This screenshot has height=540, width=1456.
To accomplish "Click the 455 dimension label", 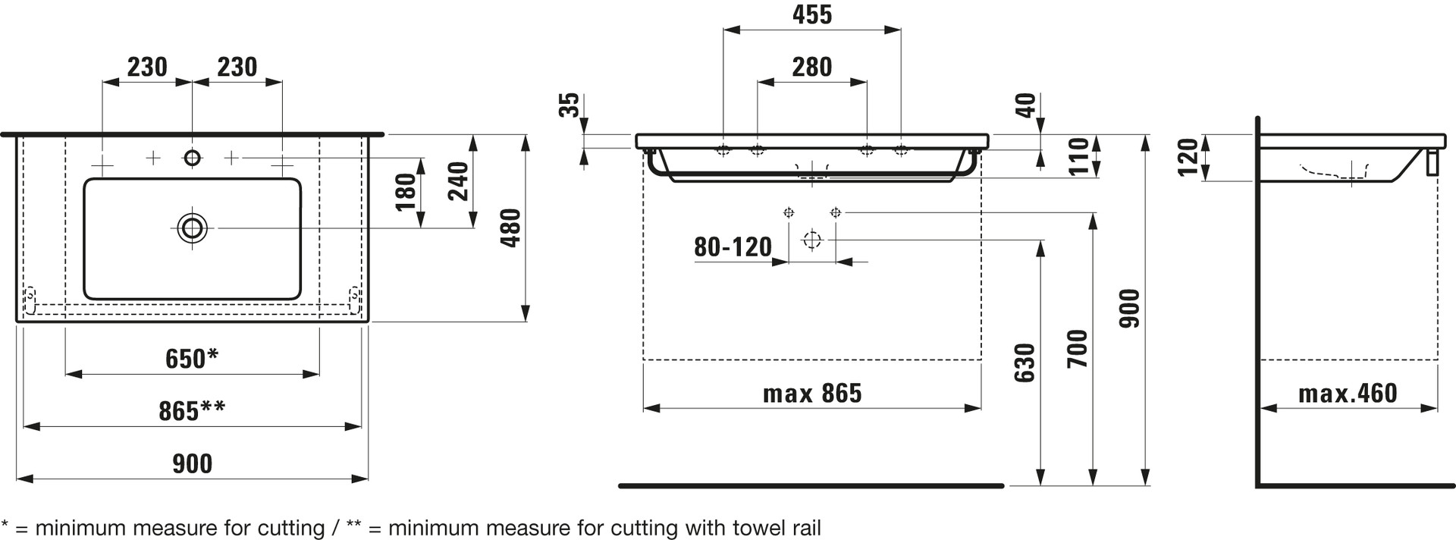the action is coord(812,14).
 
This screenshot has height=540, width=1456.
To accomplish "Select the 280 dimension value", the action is coord(812,67).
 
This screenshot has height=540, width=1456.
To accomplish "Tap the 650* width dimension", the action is coord(192,358).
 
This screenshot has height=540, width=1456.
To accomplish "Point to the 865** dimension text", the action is coord(192,410).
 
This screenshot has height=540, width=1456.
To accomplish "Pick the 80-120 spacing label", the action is coord(733,246).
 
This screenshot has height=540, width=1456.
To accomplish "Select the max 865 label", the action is coord(812,393).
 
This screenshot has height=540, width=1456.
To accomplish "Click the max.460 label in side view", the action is coord(1348,393).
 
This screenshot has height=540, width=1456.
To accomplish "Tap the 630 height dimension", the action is coord(1025,363).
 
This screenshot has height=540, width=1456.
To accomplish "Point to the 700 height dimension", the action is coord(1077,349).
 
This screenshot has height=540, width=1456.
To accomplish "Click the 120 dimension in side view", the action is coord(1188,157).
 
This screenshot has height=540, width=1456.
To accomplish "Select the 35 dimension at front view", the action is coord(569,105).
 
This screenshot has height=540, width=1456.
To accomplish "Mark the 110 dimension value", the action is coord(1078,156).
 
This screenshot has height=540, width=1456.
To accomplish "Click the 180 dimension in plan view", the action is coord(406,192).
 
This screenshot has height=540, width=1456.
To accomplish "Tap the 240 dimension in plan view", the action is coord(458,181).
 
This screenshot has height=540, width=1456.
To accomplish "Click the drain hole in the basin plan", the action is coord(193,228).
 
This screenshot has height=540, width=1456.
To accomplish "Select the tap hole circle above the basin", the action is coord(193,158).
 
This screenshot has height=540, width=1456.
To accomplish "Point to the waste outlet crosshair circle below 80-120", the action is coord(812,240).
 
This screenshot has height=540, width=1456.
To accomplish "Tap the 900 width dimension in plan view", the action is coord(192,463).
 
